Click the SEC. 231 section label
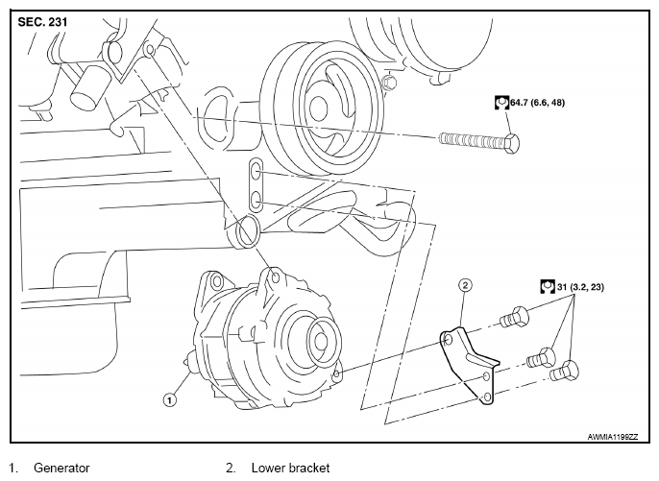coord(42,22)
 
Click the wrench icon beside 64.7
coord(501,102)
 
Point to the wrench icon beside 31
coord(548,287)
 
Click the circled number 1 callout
coord(170,400)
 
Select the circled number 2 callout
coord(465,285)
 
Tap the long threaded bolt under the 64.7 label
coord(478,141)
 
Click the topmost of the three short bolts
coord(514,317)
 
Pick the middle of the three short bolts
coord(542,357)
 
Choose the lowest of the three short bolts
coord(565,371)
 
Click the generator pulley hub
coord(322,341)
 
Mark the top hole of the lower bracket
coord(448,339)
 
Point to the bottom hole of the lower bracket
coord(487,397)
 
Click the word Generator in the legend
coord(61,468)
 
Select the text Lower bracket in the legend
coord(290,468)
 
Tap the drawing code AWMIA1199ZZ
coord(612,437)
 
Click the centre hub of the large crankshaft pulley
coord(317,108)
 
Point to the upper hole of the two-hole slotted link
coord(256,171)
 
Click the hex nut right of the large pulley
coord(389,81)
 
